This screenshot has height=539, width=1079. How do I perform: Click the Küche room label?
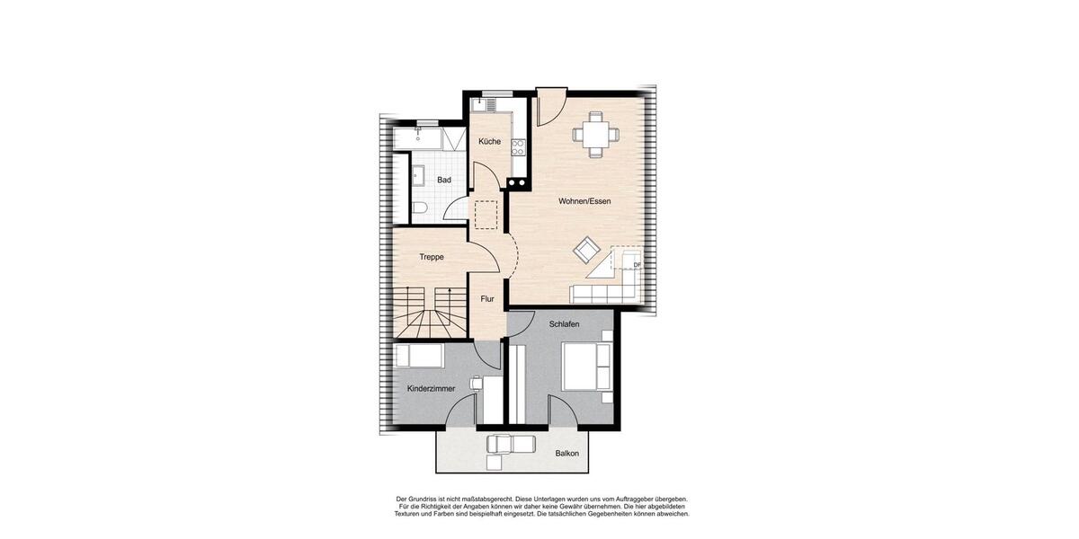click(x=489, y=142)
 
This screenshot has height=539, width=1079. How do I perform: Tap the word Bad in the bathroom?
click(x=444, y=181)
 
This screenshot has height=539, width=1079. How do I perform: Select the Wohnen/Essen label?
click(x=584, y=201)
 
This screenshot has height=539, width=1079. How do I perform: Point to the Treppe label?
click(x=432, y=258)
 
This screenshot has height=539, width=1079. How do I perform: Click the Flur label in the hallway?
click(x=487, y=299)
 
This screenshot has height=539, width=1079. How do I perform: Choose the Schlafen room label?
click(x=564, y=323)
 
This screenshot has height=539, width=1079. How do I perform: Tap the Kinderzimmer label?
click(x=431, y=389)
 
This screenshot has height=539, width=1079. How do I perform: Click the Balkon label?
click(x=566, y=454)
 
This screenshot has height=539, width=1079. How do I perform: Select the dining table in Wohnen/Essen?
click(x=595, y=135)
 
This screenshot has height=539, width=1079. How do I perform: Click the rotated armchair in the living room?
click(x=587, y=250)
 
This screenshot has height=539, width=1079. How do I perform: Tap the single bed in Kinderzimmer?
click(x=419, y=356)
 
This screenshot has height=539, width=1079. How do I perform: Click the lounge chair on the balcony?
click(x=511, y=444)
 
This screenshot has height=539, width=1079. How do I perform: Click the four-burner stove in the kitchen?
click(x=518, y=146)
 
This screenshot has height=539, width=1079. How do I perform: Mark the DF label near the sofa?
click(x=637, y=265)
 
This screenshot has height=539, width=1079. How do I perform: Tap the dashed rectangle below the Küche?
click(x=486, y=216)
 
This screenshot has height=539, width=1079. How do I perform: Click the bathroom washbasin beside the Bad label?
click(x=418, y=175)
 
